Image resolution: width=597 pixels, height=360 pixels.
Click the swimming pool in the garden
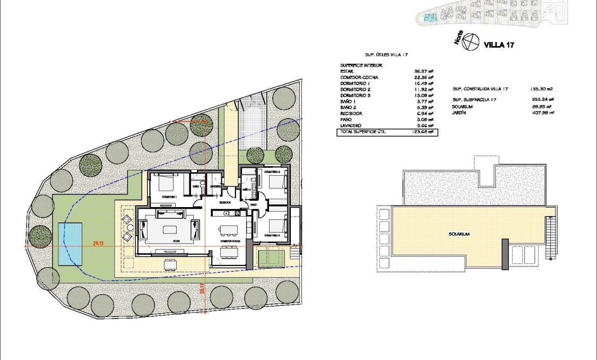[71, 244]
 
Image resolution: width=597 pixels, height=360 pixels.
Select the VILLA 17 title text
[499, 45]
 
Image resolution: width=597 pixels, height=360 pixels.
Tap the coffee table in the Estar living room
[170, 230]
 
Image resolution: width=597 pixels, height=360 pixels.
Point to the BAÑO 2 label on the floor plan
[246, 189]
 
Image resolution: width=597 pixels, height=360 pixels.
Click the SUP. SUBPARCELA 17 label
[475, 99]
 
